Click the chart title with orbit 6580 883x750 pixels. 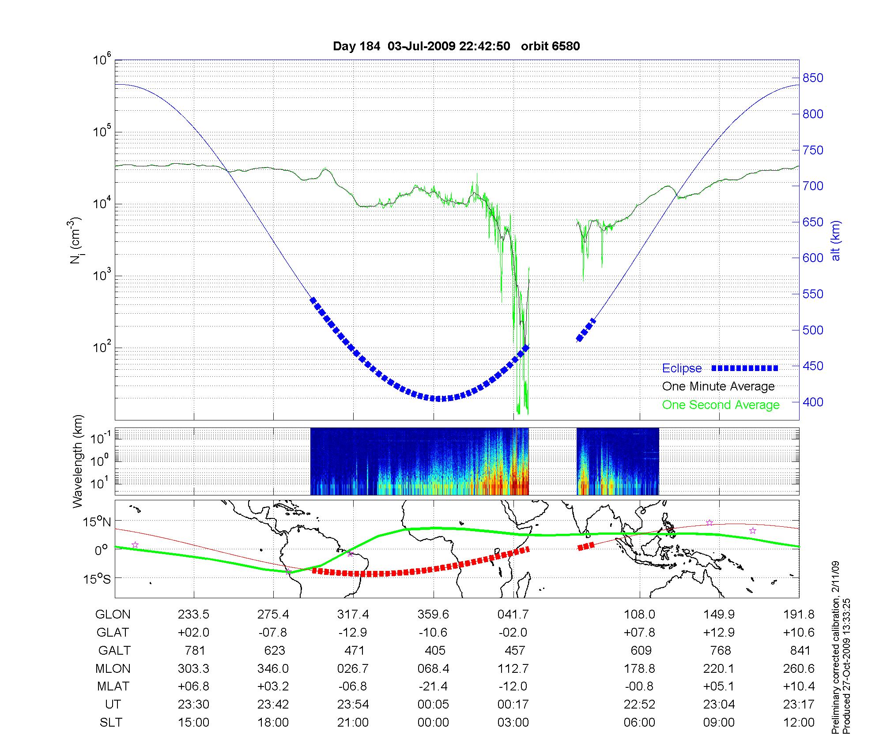click(x=456, y=46)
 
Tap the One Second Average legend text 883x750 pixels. click(x=721, y=405)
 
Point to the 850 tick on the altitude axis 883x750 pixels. click(x=813, y=78)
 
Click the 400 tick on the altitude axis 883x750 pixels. click(x=813, y=402)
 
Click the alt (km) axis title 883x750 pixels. click(x=836, y=240)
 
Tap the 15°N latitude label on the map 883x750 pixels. click(x=96, y=522)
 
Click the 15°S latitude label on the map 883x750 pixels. click(x=96, y=578)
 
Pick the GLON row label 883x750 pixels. click(x=113, y=615)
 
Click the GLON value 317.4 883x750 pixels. click(x=353, y=615)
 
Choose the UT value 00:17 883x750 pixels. click(x=513, y=705)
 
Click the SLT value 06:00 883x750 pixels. click(x=639, y=723)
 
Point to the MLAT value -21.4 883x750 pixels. click(x=433, y=686)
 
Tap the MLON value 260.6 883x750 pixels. click(x=799, y=669)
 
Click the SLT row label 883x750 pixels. click(x=111, y=723)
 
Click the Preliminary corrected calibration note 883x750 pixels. click(x=835, y=648)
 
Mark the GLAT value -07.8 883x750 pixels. click(x=273, y=633)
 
